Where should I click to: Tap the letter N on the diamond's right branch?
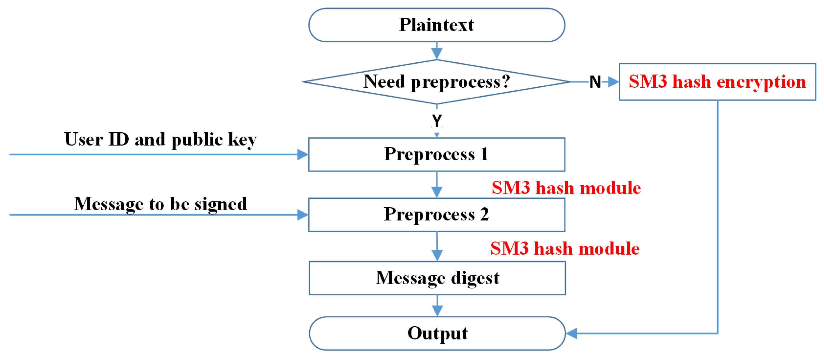point(595,82)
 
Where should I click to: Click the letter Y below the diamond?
point(437,121)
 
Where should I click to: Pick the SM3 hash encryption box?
point(717,82)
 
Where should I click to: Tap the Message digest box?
point(437,278)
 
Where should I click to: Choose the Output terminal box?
point(437,333)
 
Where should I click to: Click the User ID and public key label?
point(160,139)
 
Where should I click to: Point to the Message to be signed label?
point(160,204)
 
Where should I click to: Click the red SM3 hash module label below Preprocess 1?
point(566,188)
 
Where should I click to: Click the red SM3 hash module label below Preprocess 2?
point(565,248)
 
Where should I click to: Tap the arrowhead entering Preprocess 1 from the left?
point(302,154)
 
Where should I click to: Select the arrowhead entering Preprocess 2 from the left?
point(302,214)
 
